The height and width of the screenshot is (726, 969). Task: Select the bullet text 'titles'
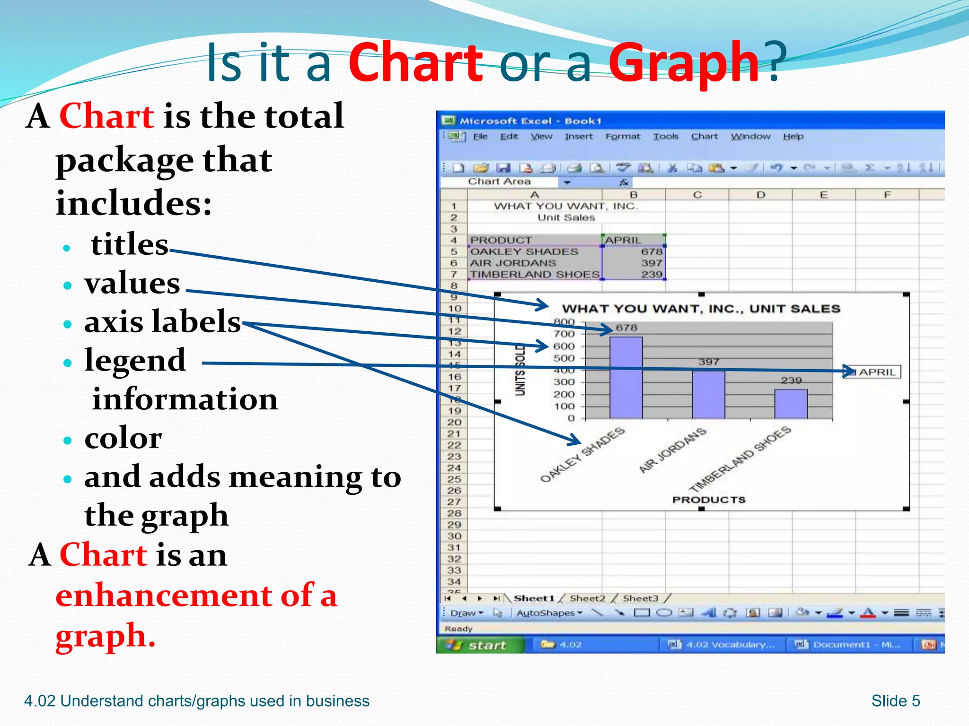tap(129, 244)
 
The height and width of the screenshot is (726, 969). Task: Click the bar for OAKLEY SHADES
tap(626, 378)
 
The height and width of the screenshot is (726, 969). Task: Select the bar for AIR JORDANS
tap(708, 395)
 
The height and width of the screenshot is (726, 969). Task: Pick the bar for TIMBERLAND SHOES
tap(791, 404)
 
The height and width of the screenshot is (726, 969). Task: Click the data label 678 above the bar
tap(626, 328)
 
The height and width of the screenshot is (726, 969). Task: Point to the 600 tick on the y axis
tap(564, 346)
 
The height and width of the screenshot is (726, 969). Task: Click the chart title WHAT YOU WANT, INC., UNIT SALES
tap(701, 309)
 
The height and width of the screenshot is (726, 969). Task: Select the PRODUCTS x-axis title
tap(708, 500)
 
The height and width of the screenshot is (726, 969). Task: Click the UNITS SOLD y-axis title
tap(520, 370)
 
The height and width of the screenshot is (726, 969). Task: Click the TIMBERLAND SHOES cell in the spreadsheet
tap(535, 274)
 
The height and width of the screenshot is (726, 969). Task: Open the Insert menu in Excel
tap(578, 137)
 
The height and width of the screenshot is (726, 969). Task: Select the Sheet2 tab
tap(587, 598)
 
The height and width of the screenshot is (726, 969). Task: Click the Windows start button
tap(480, 645)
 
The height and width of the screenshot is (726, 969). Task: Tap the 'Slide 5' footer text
tap(896, 700)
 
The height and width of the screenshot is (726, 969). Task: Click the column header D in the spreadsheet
tap(760, 195)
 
